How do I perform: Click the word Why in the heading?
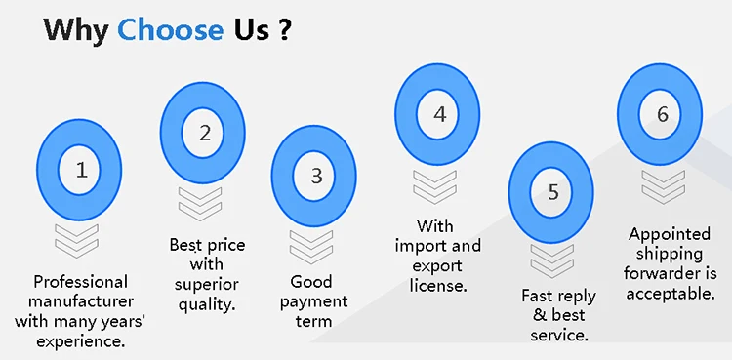click(x=76, y=29)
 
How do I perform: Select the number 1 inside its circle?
click(x=81, y=170)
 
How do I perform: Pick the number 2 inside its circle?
click(x=204, y=134)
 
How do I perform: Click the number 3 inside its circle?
click(x=315, y=177)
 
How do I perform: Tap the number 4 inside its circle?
click(x=439, y=115)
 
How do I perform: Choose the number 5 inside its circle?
click(x=552, y=192)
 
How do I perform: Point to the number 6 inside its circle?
click(x=662, y=115)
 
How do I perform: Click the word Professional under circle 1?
click(x=81, y=281)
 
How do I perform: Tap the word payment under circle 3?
click(x=314, y=301)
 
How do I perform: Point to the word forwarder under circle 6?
click(x=670, y=273)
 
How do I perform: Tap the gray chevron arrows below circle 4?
click(x=436, y=186)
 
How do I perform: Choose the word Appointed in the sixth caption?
click(x=670, y=234)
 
